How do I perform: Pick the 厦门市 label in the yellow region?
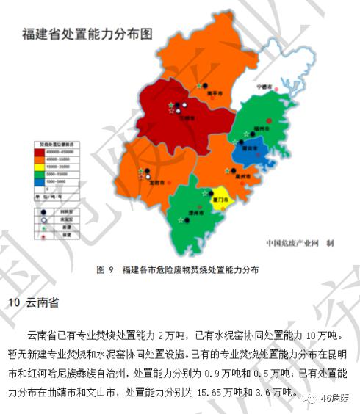pyautogui.click(x=219, y=197)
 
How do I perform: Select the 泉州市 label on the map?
pyautogui.click(x=240, y=177)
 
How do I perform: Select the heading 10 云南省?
pyautogui.click(x=33, y=303)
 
